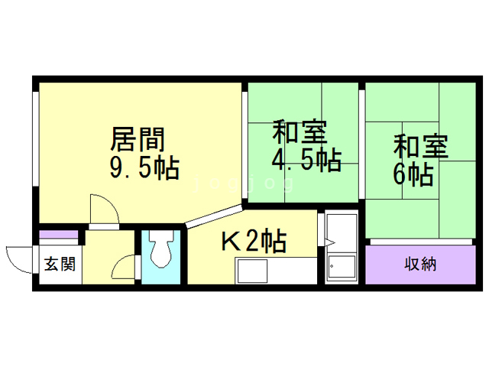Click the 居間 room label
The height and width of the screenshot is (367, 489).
tap(138, 140)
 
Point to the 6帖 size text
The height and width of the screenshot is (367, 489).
tap(413, 174)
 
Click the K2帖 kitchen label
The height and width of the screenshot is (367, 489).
tap(254, 242)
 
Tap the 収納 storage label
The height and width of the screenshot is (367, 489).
tap(420, 265)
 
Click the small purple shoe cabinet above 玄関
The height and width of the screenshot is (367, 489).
tap(58, 235)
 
